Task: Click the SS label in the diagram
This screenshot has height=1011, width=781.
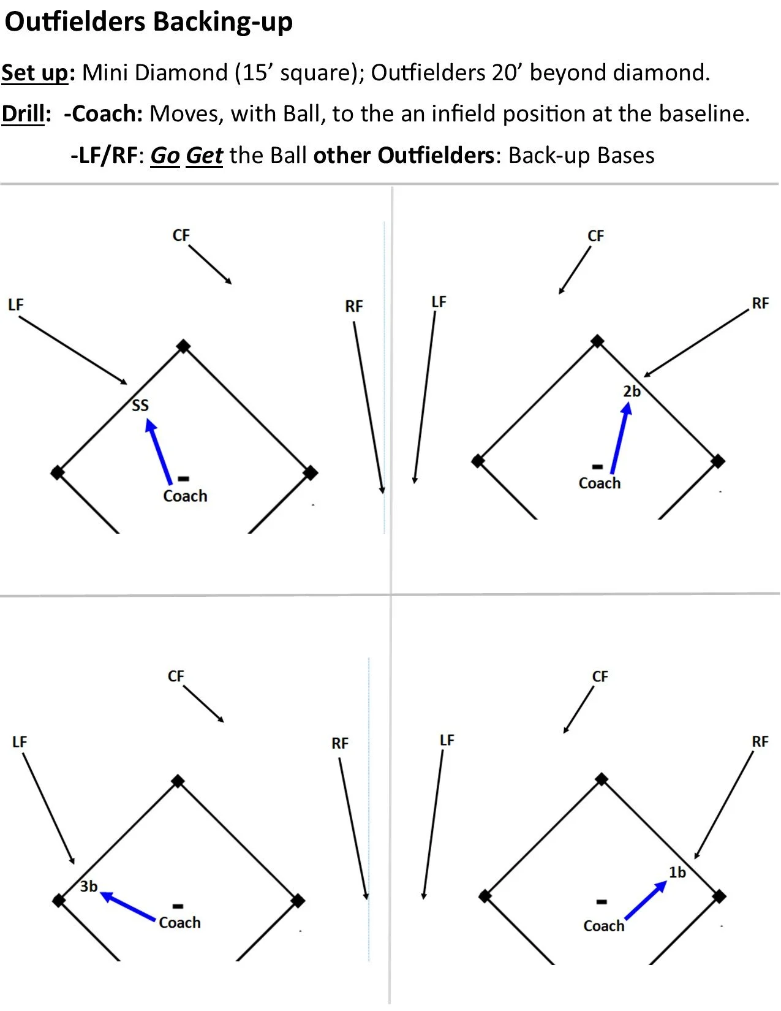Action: click(x=140, y=405)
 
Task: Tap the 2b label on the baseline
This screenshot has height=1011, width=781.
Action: click(x=632, y=392)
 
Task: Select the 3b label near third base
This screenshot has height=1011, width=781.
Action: click(x=89, y=886)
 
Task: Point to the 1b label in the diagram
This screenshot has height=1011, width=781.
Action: click(x=677, y=872)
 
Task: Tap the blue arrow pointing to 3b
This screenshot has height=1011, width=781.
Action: click(x=127, y=906)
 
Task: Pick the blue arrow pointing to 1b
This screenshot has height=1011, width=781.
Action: click(x=646, y=900)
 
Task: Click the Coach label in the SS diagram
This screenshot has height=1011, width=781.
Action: click(x=185, y=496)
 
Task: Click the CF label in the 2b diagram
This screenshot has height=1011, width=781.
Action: click(x=595, y=236)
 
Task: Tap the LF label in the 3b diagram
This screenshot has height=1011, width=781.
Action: click(x=20, y=741)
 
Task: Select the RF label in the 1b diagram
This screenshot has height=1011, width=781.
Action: click(x=760, y=741)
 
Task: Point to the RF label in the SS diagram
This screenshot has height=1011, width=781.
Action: click(x=354, y=306)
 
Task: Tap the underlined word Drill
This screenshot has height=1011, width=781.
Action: click(x=23, y=114)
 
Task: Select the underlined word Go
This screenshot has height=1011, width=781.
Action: click(x=165, y=156)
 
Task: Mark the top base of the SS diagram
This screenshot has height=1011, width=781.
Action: click(x=183, y=347)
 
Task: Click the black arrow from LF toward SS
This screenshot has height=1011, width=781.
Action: click(x=73, y=350)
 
